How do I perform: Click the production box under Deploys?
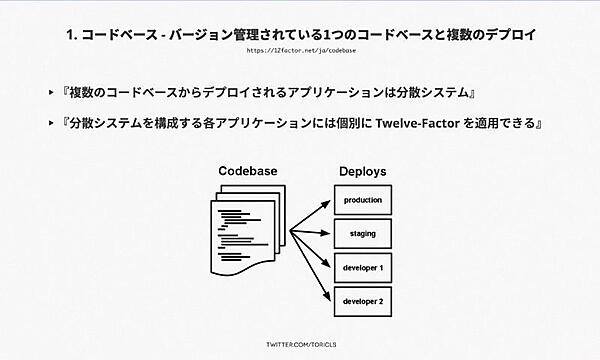point(363,201)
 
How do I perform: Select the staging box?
point(363,234)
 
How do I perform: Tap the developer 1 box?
point(363,268)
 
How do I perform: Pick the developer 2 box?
point(363,301)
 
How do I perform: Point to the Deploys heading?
point(362,172)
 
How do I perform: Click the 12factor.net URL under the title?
point(299,49)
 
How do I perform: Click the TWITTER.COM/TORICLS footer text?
point(299,343)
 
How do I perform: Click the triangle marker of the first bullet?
point(52,93)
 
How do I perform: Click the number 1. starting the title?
point(72,34)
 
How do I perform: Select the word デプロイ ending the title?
point(509,34)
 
